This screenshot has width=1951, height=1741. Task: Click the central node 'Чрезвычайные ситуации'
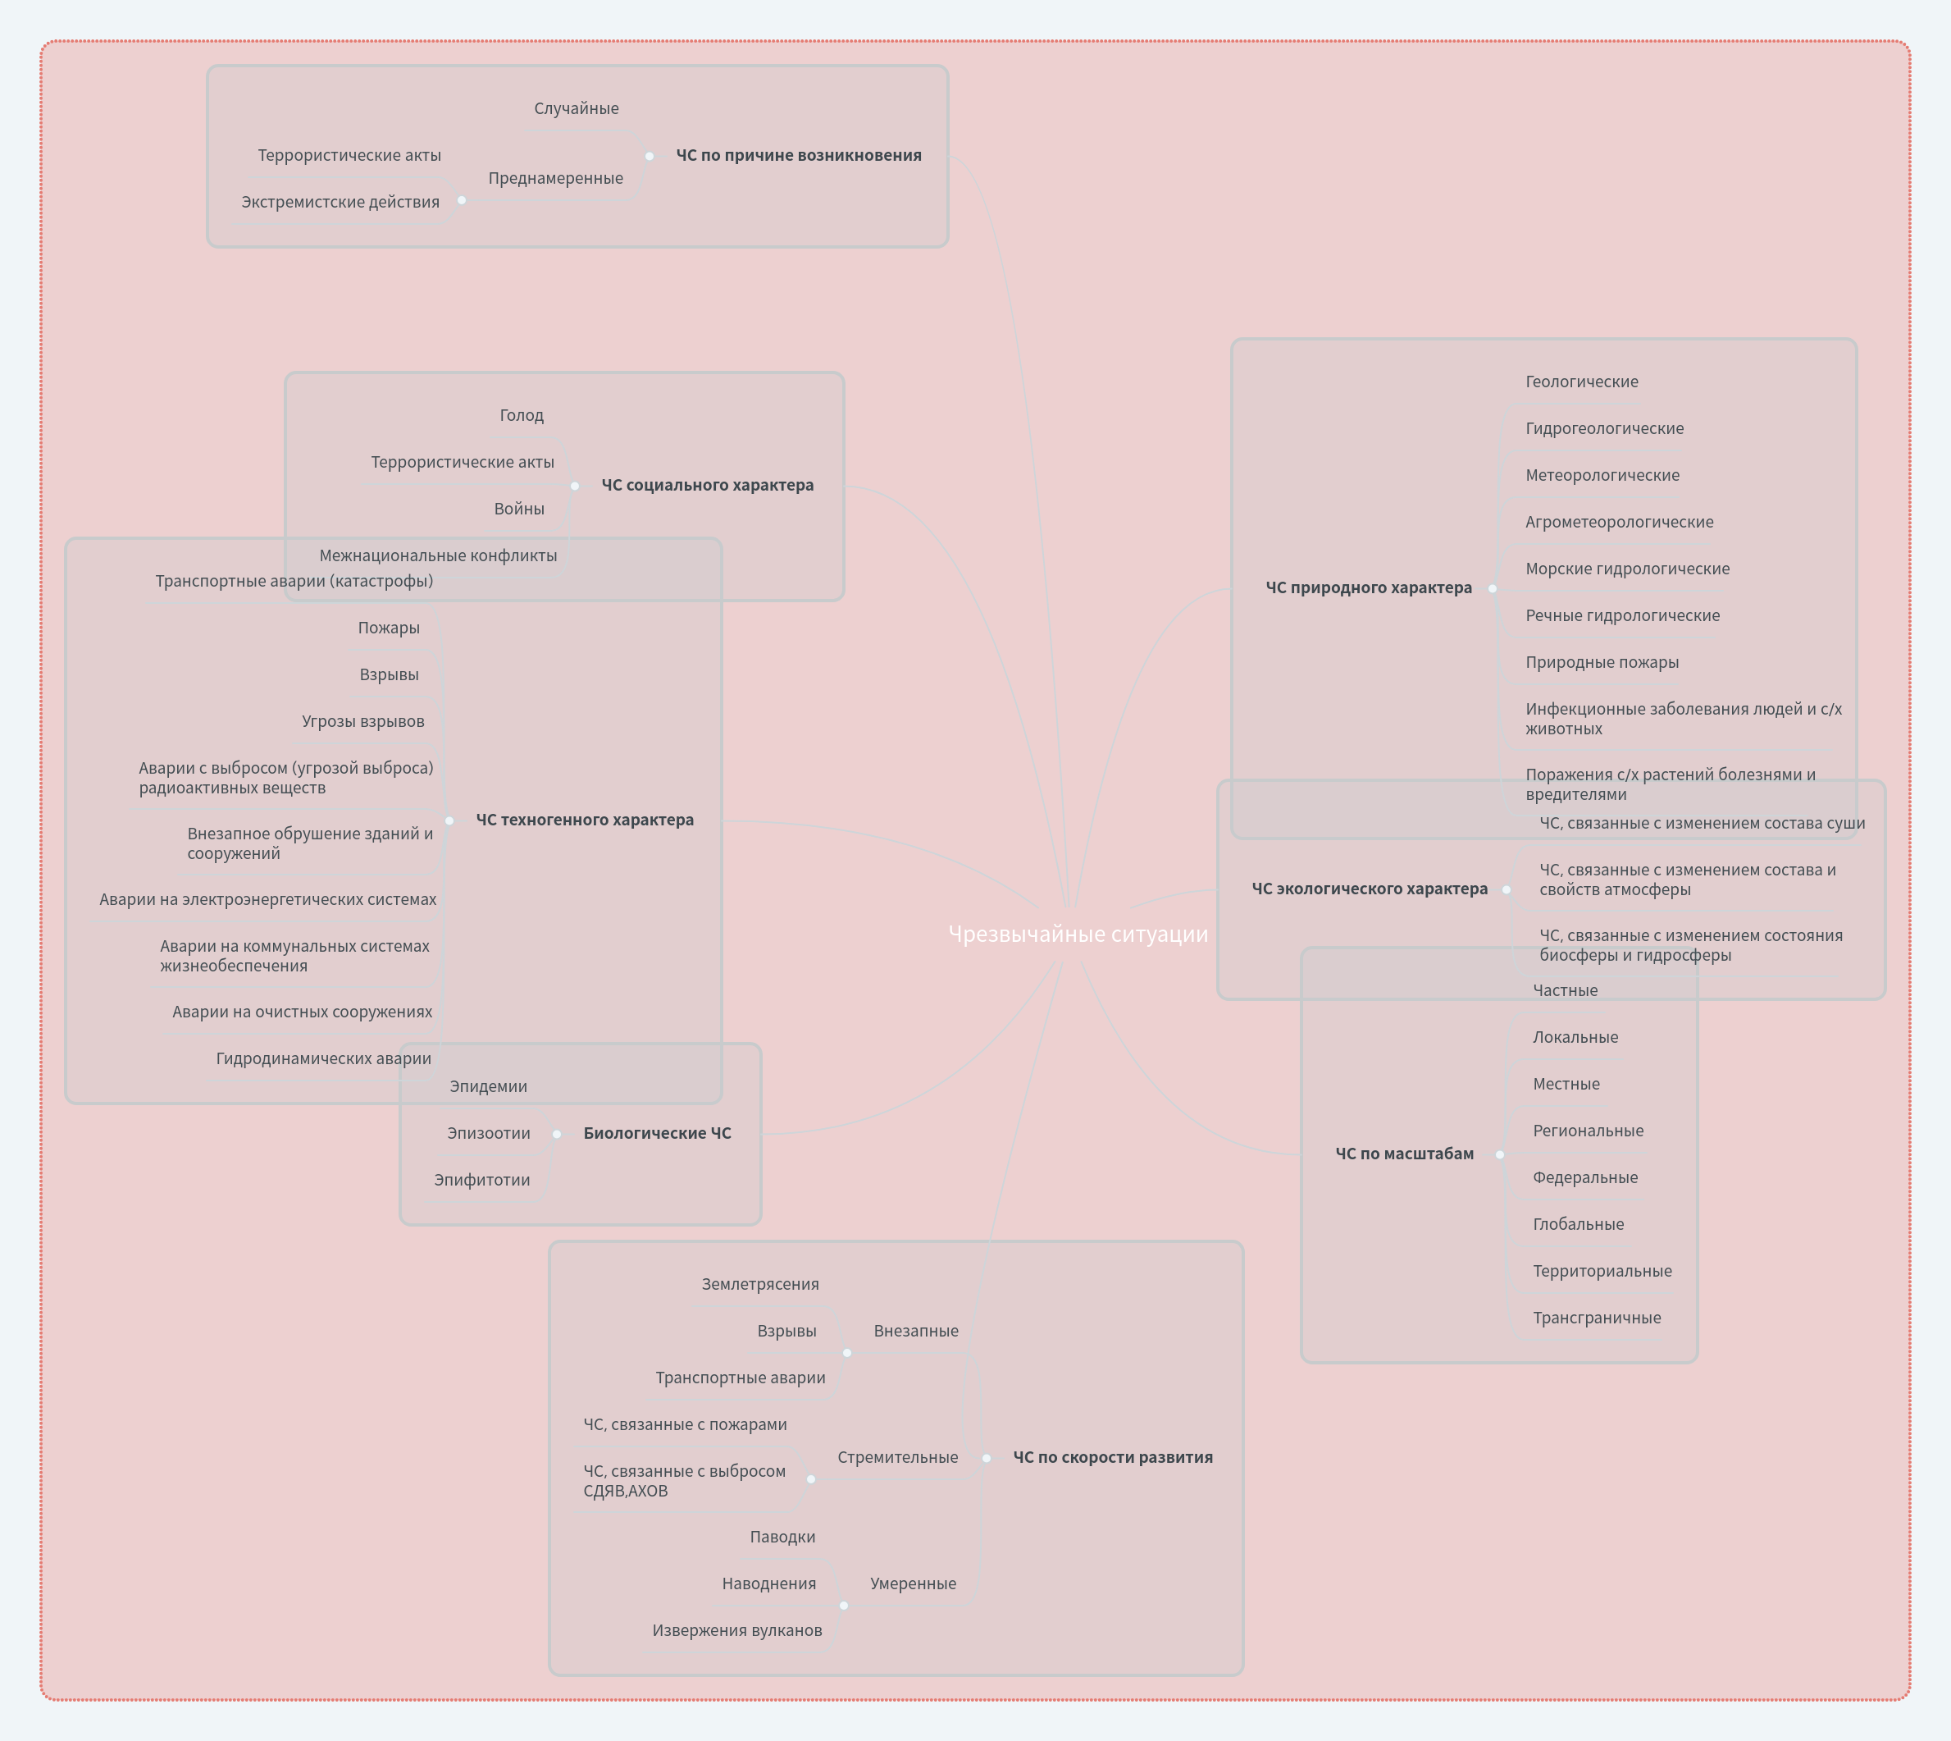tap(1078, 934)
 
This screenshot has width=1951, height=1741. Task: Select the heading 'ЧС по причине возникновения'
tap(799, 156)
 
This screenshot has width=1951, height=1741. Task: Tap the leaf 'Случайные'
tap(576, 109)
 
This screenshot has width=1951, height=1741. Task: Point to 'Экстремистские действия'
tap(340, 203)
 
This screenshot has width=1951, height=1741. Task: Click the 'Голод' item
tap(522, 416)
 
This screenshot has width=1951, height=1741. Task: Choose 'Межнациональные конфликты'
tap(438, 555)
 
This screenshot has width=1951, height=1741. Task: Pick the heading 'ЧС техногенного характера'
tap(585, 820)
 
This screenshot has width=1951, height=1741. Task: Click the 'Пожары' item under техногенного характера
tap(388, 628)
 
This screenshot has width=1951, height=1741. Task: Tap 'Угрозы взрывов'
tap(362, 722)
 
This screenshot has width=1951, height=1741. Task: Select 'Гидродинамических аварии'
tap(323, 1059)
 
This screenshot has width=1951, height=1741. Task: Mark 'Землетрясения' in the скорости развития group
tap(760, 1285)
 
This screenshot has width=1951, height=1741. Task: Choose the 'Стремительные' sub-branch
tap(897, 1458)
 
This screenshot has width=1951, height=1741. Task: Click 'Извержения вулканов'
tap(737, 1631)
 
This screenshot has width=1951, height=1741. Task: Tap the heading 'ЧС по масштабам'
tap(1404, 1154)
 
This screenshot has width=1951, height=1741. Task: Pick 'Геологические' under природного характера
tap(1581, 382)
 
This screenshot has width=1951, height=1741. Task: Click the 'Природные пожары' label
tap(1602, 663)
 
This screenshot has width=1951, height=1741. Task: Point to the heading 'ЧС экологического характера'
tap(1370, 889)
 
